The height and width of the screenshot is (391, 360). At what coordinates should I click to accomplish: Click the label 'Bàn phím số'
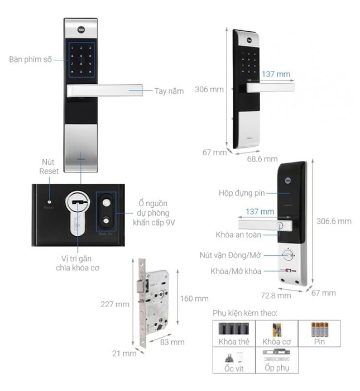tap(31, 59)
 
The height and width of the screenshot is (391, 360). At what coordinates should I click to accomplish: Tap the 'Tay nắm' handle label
tap(169, 90)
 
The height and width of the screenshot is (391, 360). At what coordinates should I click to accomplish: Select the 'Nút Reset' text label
tap(49, 166)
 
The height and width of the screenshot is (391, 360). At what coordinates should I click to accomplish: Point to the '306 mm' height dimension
tap(209, 89)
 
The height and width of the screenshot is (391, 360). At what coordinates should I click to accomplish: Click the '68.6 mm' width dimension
tap(262, 159)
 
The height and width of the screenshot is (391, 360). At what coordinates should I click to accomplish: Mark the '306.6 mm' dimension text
tap(334, 221)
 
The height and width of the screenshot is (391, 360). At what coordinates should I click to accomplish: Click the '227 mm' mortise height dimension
tap(116, 304)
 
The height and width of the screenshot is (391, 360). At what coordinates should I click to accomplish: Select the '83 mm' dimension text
tap(172, 342)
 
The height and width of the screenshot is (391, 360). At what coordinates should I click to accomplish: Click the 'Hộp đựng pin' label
tap(242, 193)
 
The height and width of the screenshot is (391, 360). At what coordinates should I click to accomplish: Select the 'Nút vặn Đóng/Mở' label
tap(232, 255)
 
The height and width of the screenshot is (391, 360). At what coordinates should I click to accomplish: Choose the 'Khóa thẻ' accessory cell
tap(233, 333)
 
